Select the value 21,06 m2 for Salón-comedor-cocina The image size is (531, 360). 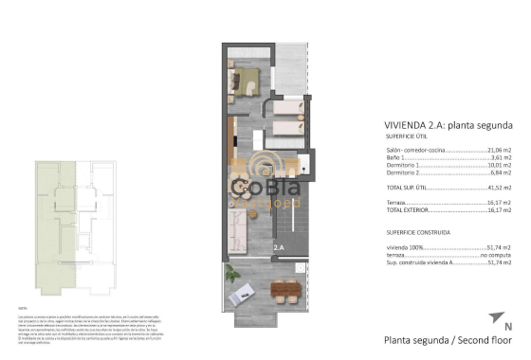499,150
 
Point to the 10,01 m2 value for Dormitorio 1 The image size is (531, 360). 499,166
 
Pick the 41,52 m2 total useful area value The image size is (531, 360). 499,189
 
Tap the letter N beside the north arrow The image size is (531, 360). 508,327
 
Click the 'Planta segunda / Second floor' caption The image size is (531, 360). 448,339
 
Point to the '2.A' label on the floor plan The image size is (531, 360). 280,248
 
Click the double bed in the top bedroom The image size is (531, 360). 248,78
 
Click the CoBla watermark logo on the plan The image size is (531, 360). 265,189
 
